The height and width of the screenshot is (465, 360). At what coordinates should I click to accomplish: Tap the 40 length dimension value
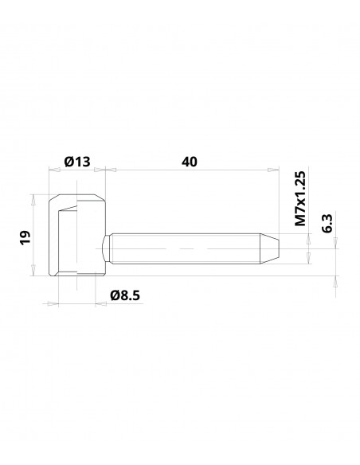pyautogui.click(x=189, y=162)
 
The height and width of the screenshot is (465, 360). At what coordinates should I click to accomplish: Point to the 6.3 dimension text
pyautogui.click(x=327, y=223)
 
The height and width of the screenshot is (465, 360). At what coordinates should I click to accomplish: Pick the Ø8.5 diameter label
pyautogui.click(x=126, y=295)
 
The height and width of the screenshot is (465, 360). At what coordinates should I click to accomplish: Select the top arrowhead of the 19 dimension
pyautogui.click(x=33, y=197)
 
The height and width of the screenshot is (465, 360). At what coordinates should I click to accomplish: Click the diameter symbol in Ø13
pyautogui.click(x=68, y=162)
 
